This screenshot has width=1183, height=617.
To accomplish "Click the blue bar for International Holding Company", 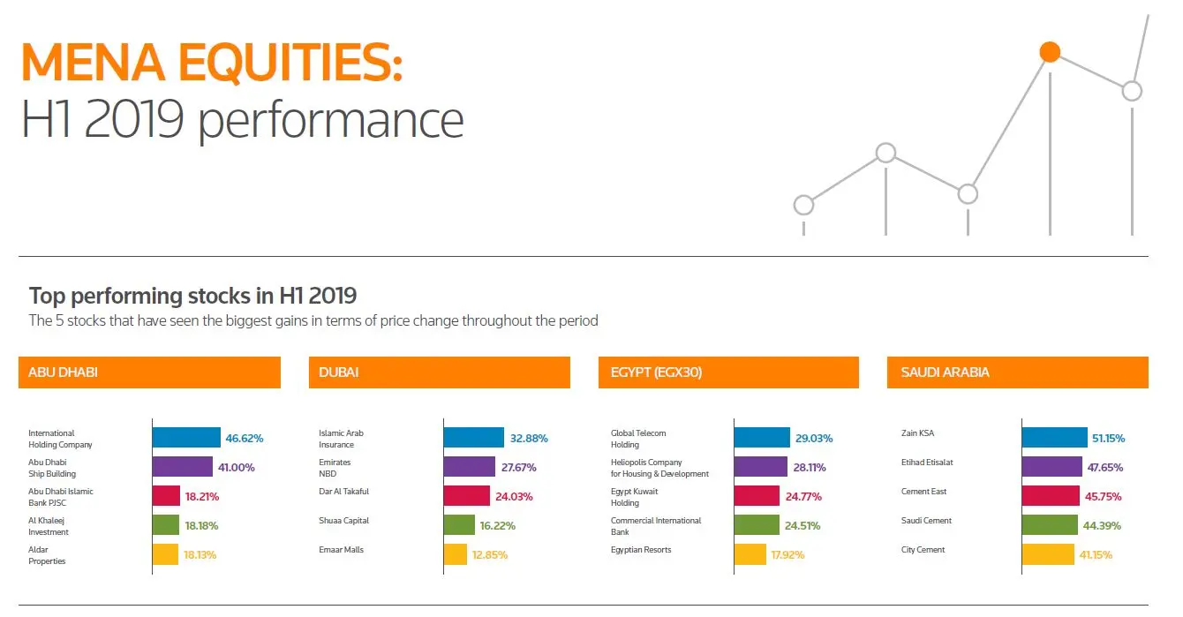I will [186, 438].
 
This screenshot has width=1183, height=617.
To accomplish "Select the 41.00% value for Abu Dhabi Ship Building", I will [237, 467].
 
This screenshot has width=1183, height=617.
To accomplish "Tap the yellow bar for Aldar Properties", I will [166, 555].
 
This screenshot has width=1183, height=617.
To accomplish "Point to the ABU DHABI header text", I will [63, 372].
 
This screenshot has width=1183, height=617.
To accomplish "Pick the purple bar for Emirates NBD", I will [469, 467].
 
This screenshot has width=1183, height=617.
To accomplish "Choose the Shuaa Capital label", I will [343, 521].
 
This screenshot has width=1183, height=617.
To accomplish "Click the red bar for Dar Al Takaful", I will [466, 496].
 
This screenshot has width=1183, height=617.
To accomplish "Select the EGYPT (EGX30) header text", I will [656, 372].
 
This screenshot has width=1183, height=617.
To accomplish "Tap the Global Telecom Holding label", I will [638, 439].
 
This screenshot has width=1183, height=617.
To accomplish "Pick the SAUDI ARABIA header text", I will [945, 372].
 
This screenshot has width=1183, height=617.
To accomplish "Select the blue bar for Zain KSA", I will [1055, 438].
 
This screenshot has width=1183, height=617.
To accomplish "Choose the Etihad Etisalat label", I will [927, 463].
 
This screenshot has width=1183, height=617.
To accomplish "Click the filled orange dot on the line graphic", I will [1050, 52].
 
